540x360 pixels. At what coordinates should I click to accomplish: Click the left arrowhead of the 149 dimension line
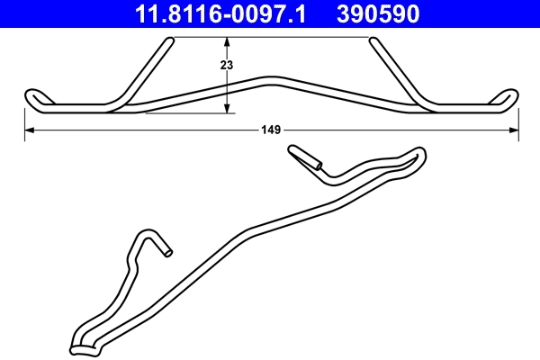[x=27, y=130]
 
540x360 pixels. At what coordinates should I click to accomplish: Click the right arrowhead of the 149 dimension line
[x=514, y=130]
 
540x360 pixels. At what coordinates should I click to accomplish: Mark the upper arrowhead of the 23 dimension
[x=227, y=41]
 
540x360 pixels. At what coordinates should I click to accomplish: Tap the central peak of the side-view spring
[x=271, y=79]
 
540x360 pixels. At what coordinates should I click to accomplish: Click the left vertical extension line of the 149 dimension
[x=22, y=121]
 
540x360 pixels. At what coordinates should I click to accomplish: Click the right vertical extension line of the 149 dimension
[x=519, y=121]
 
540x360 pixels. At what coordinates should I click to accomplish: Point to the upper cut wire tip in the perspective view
[x=317, y=165]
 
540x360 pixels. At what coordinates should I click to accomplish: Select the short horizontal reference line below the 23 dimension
[x=189, y=113]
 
